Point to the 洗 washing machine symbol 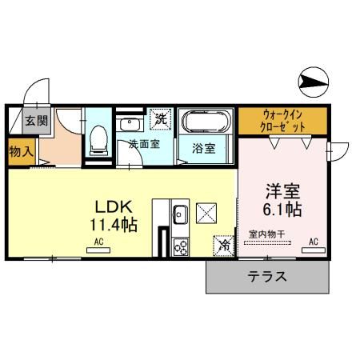[x=161, y=119]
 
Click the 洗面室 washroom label [x=144, y=145]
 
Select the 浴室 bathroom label [x=203, y=149]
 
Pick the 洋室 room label [x=283, y=192]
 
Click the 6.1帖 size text [x=283, y=210]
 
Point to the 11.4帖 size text [x=113, y=223]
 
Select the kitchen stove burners [x=180, y=246]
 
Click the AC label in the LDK [x=100, y=241]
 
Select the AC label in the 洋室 [x=314, y=241]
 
